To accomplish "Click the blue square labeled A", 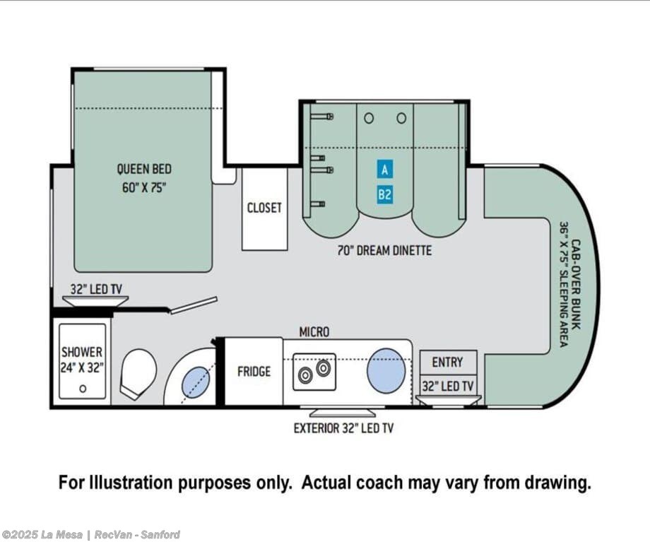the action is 384,170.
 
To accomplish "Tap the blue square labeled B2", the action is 384,194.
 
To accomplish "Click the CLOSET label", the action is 264,208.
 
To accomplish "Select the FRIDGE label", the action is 254,372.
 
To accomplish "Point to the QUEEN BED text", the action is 144,169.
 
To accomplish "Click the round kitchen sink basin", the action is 386,370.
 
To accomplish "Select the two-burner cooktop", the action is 314,372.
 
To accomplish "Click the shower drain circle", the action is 83,389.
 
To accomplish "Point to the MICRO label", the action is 314,332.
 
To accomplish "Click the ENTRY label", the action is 448,362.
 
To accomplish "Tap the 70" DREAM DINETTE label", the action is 384,250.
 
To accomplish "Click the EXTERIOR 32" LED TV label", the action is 343,428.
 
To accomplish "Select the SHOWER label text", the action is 82,352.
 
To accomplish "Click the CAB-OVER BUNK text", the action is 575,284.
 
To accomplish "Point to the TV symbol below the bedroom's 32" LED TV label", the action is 95,301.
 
